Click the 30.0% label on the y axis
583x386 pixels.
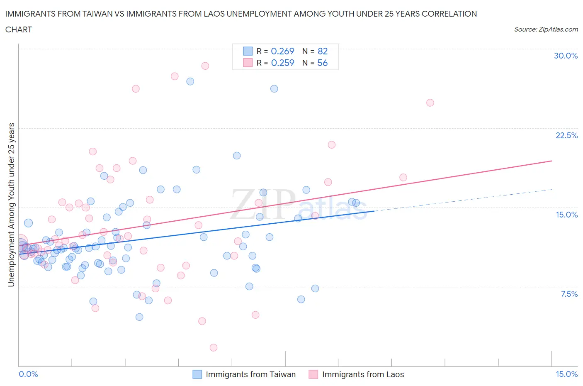(566, 56)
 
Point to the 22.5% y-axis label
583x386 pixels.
(566, 135)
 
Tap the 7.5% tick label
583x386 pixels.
(569, 294)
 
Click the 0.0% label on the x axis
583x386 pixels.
(28, 374)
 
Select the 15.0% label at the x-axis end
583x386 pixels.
(566, 374)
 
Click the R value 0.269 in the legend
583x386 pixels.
(282, 51)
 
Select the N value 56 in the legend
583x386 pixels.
(323, 63)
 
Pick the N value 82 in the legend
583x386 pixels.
(323, 51)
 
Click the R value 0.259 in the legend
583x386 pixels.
(282, 63)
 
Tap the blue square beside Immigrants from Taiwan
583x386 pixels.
(197, 374)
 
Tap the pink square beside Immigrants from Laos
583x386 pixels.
(313, 374)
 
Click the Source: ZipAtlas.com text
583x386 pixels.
(546, 29)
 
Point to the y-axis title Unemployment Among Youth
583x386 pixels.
(12, 205)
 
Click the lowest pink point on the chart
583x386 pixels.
(214, 347)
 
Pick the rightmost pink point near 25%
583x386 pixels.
(430, 103)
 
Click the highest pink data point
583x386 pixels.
(205, 66)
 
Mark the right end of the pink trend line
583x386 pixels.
(552, 161)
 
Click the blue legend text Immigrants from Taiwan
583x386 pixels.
(250, 374)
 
